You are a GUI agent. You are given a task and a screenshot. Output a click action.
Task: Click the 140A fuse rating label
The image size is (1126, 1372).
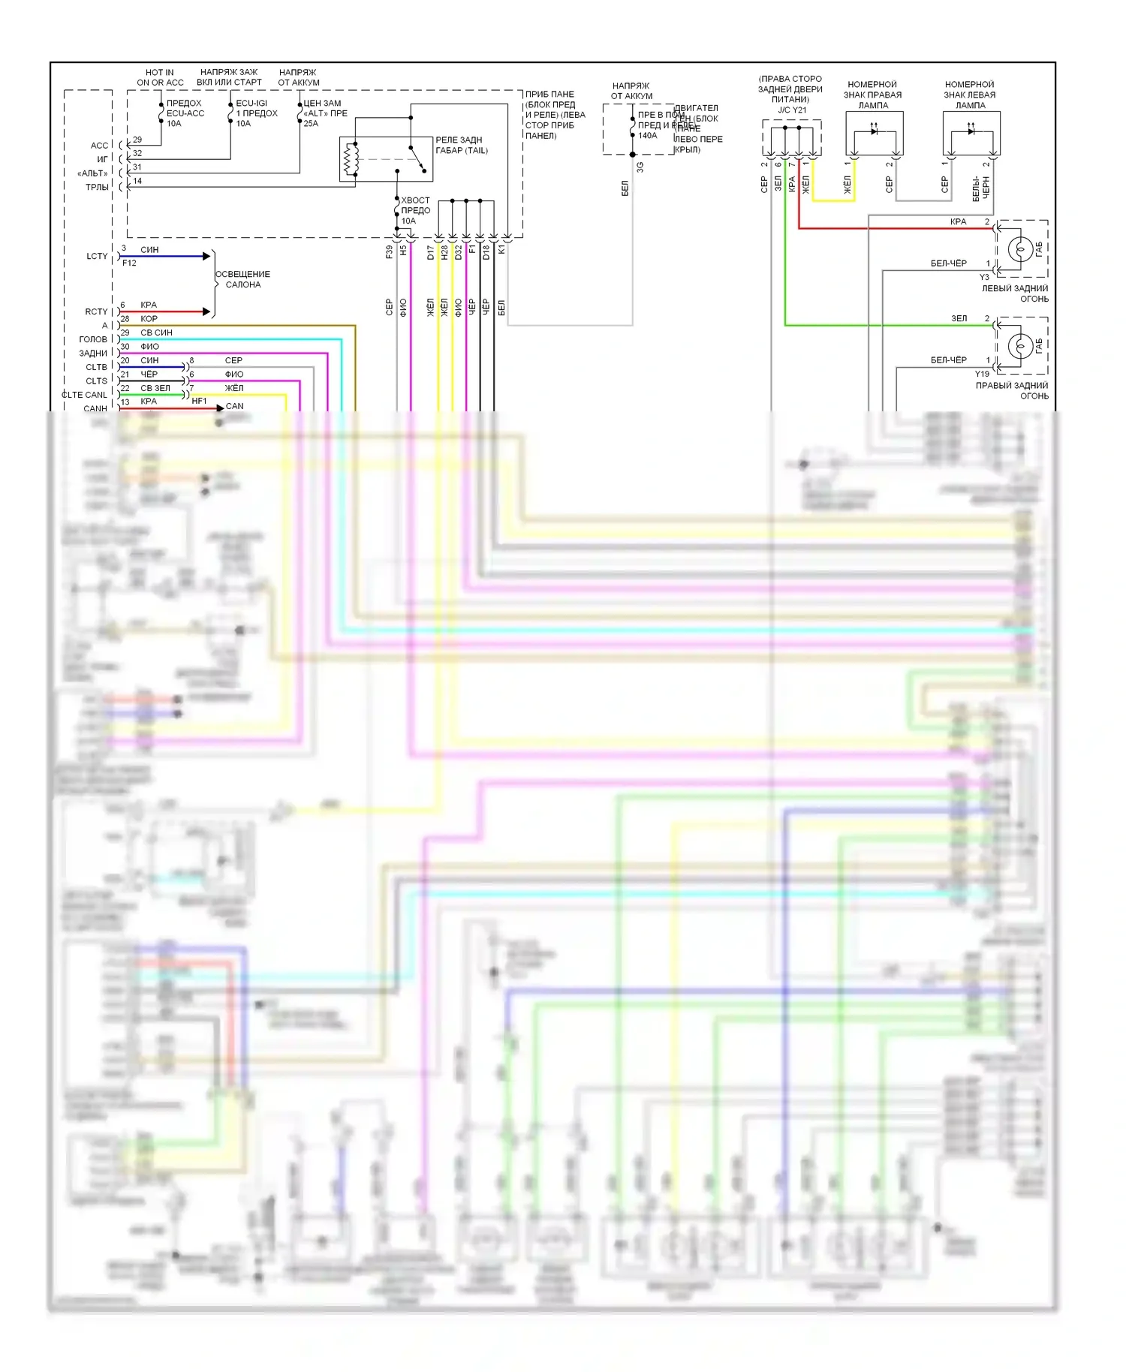click(x=647, y=136)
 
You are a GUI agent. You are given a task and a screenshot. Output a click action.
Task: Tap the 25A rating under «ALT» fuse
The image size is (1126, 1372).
click(x=311, y=124)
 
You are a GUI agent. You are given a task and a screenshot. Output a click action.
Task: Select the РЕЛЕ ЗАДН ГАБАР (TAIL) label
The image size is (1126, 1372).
click(x=461, y=145)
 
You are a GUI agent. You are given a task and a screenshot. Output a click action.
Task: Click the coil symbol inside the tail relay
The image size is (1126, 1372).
click(x=348, y=159)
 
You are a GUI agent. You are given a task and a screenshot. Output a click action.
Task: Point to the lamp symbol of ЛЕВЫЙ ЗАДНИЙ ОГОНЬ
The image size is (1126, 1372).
click(x=1019, y=248)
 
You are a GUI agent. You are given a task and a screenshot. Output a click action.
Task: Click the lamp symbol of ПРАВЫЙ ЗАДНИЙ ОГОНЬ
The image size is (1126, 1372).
click(x=1019, y=345)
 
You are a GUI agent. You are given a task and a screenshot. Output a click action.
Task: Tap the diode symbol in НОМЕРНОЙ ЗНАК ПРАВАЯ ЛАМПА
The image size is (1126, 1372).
click(x=874, y=131)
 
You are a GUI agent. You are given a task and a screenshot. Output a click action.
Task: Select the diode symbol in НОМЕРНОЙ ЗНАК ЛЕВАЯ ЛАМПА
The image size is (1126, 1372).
click(x=971, y=131)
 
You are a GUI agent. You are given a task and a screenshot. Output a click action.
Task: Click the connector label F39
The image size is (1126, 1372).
click(x=389, y=252)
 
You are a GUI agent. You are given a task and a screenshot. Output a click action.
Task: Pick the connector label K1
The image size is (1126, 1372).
click(x=501, y=249)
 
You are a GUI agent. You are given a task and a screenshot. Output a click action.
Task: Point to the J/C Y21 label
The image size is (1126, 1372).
click(x=792, y=110)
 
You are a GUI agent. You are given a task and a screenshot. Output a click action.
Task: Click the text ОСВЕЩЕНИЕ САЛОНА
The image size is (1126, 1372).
click(x=242, y=279)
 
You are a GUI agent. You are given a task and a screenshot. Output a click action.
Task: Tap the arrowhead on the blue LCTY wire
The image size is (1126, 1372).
click(x=206, y=256)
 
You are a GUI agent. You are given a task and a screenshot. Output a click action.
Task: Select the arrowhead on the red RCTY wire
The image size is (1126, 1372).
click(x=206, y=311)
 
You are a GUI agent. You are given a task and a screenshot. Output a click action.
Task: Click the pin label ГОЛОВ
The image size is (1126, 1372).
click(x=93, y=339)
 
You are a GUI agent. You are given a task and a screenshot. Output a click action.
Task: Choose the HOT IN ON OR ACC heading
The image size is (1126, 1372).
click(x=160, y=77)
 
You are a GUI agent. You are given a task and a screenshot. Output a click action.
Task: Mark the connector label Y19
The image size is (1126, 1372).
click(x=982, y=374)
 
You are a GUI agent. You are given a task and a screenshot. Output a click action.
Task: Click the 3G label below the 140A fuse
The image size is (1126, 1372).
click(x=640, y=167)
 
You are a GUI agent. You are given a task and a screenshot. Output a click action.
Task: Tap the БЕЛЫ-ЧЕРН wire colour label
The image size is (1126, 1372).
click(x=980, y=188)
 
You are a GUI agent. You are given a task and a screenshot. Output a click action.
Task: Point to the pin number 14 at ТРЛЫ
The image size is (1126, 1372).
click(x=137, y=181)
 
